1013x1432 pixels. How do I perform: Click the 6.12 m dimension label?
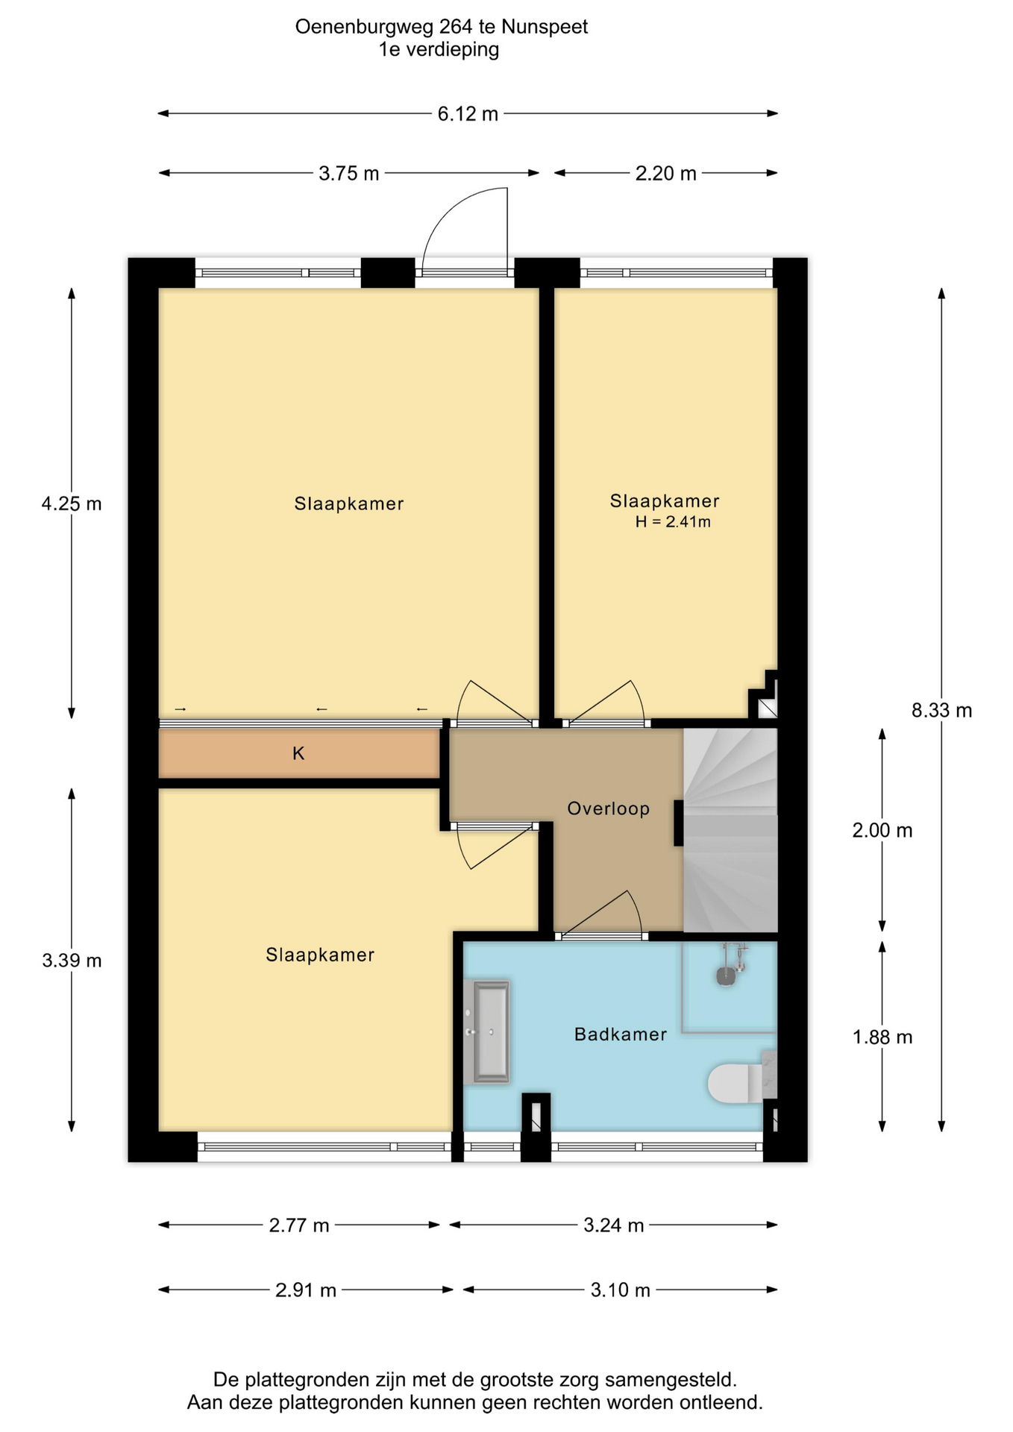468,114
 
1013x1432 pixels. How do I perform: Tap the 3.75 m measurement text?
349,174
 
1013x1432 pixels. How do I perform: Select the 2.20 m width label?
665,174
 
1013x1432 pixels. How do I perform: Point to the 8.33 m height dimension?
941,711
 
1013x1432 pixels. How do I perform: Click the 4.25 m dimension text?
72,504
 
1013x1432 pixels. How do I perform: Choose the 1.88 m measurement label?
882,1037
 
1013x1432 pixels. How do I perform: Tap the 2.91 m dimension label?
306,1290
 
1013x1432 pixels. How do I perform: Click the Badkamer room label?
621,1034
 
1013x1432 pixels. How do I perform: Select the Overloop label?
609,808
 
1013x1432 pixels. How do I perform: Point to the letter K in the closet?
298,753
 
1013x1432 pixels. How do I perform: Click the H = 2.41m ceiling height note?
673,522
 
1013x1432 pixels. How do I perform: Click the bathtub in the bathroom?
486,1031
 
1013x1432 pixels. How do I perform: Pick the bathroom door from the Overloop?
601,914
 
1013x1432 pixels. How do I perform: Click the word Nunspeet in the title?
545,27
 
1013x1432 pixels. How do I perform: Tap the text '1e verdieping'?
439,50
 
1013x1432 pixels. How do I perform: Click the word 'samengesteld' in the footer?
670,1379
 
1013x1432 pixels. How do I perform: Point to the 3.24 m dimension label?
613,1225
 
